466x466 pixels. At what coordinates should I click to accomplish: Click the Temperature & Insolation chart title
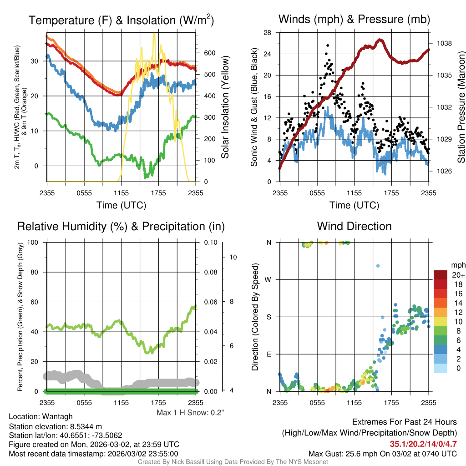(x=121, y=20)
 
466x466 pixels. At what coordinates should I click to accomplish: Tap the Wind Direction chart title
(x=354, y=226)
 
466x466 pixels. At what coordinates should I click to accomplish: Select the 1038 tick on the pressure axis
(x=444, y=43)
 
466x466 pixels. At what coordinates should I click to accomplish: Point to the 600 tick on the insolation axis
(x=209, y=53)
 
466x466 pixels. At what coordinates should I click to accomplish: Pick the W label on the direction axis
(x=269, y=279)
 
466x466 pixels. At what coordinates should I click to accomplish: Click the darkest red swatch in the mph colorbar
(x=440, y=275)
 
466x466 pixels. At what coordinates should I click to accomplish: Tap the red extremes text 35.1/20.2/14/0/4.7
(x=423, y=444)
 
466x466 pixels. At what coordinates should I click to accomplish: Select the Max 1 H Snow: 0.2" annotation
(x=190, y=413)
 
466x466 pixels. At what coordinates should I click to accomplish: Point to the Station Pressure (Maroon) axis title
(x=461, y=107)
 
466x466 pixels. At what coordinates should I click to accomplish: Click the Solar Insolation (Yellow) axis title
(x=225, y=107)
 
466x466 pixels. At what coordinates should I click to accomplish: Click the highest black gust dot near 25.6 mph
(x=328, y=46)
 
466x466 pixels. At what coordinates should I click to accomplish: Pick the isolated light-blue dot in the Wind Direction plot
(x=377, y=266)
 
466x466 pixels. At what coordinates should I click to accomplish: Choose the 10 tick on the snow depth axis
(x=234, y=257)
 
